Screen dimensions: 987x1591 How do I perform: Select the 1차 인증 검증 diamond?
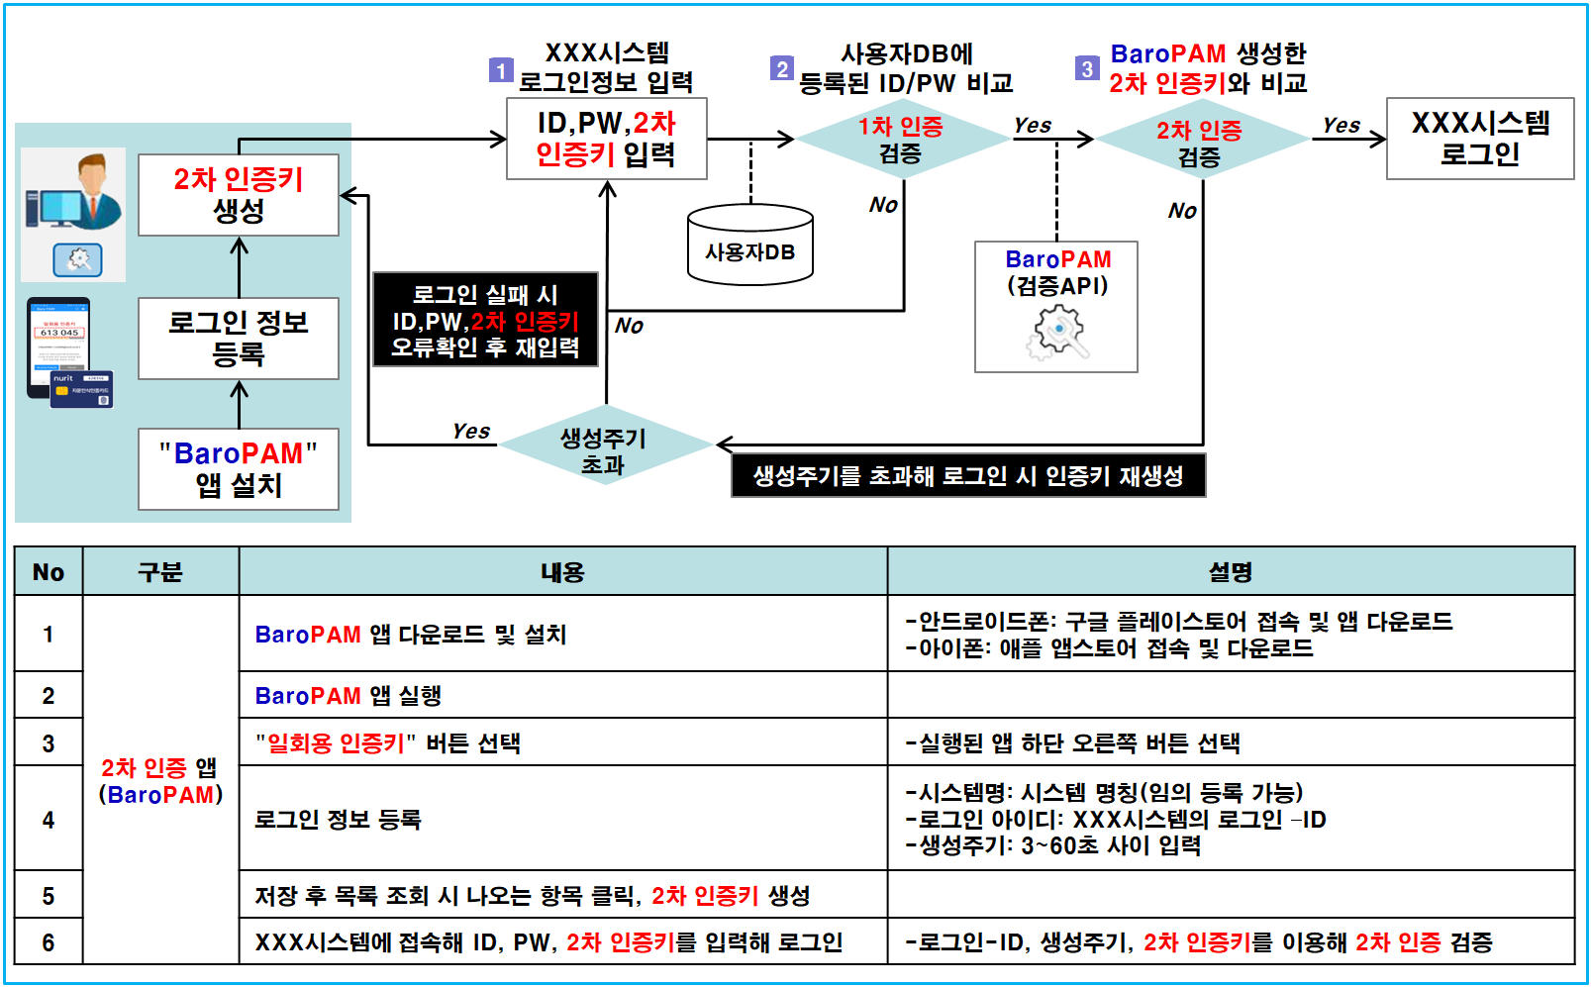901,140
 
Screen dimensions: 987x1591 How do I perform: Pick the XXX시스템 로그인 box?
1479,139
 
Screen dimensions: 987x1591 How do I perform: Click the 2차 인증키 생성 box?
239,195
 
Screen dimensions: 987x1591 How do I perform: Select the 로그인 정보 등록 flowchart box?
239,338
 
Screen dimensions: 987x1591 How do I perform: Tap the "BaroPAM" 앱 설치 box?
239,469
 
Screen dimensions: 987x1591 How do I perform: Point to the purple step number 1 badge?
501,70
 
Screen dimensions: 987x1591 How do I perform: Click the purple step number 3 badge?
1087,68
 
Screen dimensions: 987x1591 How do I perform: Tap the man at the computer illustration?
75,193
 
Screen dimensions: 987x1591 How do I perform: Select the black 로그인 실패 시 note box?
485,320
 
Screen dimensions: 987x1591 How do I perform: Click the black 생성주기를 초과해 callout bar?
967,476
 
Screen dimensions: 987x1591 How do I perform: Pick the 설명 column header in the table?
1230,571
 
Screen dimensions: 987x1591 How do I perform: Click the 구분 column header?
160,571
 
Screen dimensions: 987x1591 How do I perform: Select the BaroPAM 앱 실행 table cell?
562,695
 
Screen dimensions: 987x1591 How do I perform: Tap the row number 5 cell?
49,895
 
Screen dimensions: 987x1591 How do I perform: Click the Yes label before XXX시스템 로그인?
1341,126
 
